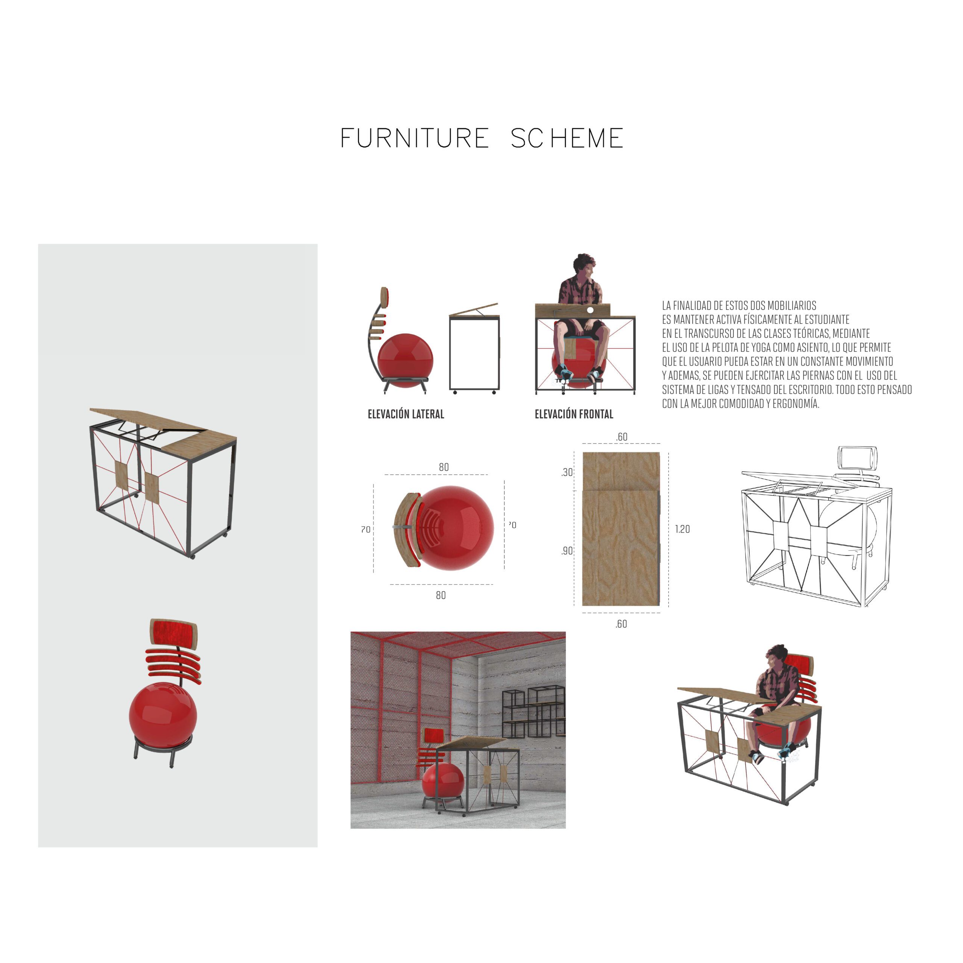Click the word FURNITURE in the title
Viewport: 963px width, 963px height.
coord(415,138)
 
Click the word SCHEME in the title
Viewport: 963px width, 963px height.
coord(567,138)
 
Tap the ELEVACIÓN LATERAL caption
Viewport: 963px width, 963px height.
coord(406,414)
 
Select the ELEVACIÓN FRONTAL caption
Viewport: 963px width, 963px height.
coord(574,414)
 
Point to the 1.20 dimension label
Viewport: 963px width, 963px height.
coord(682,529)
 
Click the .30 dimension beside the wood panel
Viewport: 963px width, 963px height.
coord(567,472)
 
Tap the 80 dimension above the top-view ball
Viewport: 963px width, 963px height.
coord(444,468)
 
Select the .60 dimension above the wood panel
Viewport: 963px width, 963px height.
coord(621,437)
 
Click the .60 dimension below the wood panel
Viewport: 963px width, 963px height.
coord(621,624)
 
